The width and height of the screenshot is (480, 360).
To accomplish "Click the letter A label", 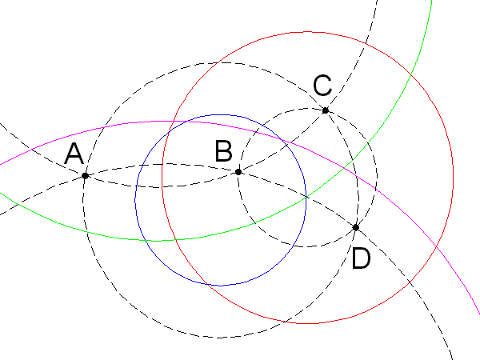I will click(74, 154).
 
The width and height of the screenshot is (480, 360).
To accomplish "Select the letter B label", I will click(225, 151).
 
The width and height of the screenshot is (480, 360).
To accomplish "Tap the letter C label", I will click(322, 85).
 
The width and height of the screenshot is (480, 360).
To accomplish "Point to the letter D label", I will click(362, 258).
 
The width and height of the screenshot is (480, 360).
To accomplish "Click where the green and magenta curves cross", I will click(342, 166).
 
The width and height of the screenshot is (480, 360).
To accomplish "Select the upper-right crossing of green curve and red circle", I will click(410, 77).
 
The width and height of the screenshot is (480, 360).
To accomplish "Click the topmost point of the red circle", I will click(308, 32).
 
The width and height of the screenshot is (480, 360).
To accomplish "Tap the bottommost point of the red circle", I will click(308, 324).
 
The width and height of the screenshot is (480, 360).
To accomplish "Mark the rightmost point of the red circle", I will click(454, 178).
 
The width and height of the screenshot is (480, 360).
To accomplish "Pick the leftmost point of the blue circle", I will click(135, 200).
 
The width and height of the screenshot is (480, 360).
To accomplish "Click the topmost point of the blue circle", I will click(221, 114).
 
